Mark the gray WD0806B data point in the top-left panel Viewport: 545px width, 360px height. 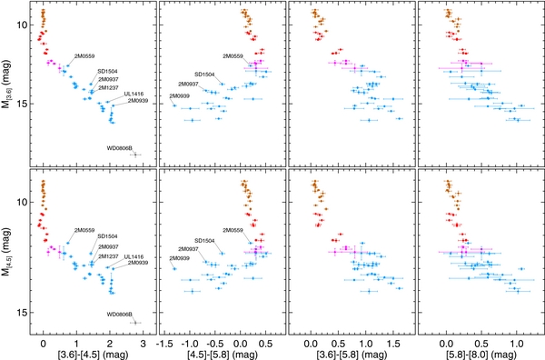[135, 155]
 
